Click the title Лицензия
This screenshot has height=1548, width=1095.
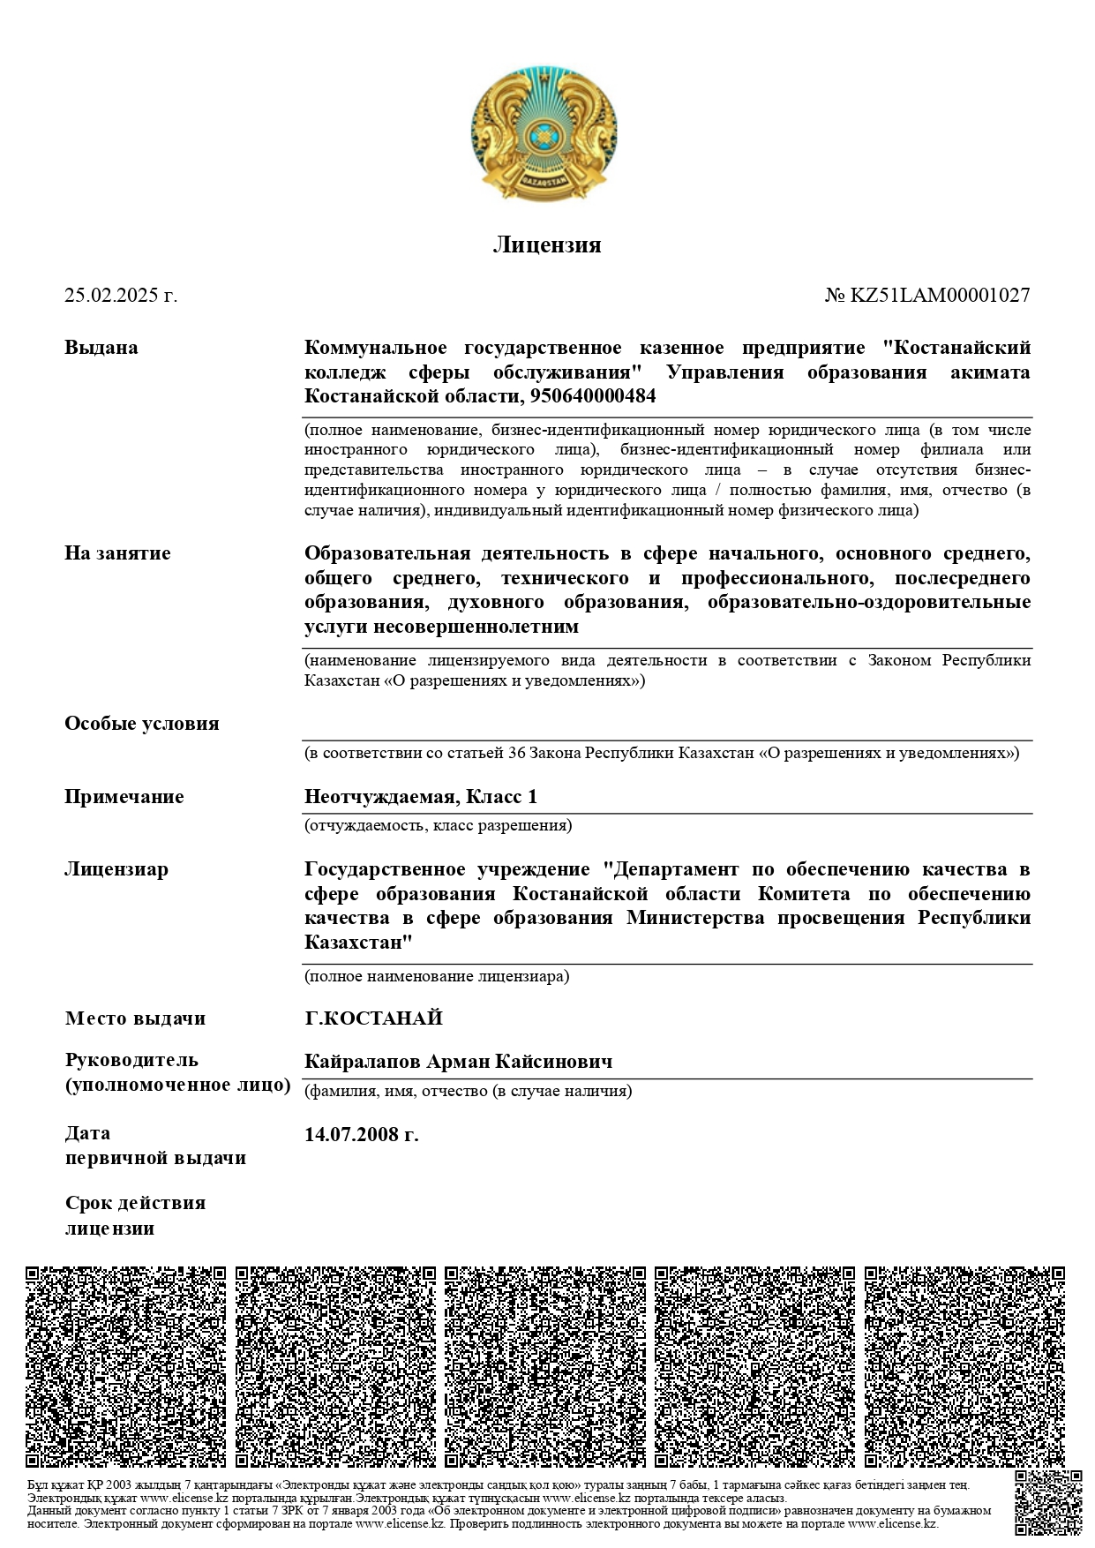(x=546, y=244)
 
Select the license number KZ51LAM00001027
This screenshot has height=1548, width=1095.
(x=939, y=296)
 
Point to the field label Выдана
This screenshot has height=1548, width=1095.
(x=101, y=348)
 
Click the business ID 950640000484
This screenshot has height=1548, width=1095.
(x=593, y=396)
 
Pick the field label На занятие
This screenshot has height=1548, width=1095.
(x=117, y=553)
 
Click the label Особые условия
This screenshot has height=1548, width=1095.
(x=141, y=724)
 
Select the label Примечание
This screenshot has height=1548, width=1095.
(x=124, y=797)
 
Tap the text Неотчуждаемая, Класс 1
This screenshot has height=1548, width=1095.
(x=421, y=797)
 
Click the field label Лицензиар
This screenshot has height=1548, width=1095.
(x=116, y=869)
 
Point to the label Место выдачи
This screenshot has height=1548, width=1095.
(x=135, y=1018)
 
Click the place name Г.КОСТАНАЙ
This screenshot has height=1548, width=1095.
(x=373, y=1018)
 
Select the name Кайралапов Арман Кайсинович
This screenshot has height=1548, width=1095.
(x=458, y=1061)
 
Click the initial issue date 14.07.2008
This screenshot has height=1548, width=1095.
(x=361, y=1134)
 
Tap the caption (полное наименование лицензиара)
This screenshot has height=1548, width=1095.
(x=437, y=976)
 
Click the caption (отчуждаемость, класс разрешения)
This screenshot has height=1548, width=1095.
(x=439, y=826)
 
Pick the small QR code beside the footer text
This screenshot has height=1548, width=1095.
(x=1047, y=1503)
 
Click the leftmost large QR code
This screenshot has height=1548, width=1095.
(x=126, y=1367)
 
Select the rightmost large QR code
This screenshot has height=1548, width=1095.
(x=964, y=1367)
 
